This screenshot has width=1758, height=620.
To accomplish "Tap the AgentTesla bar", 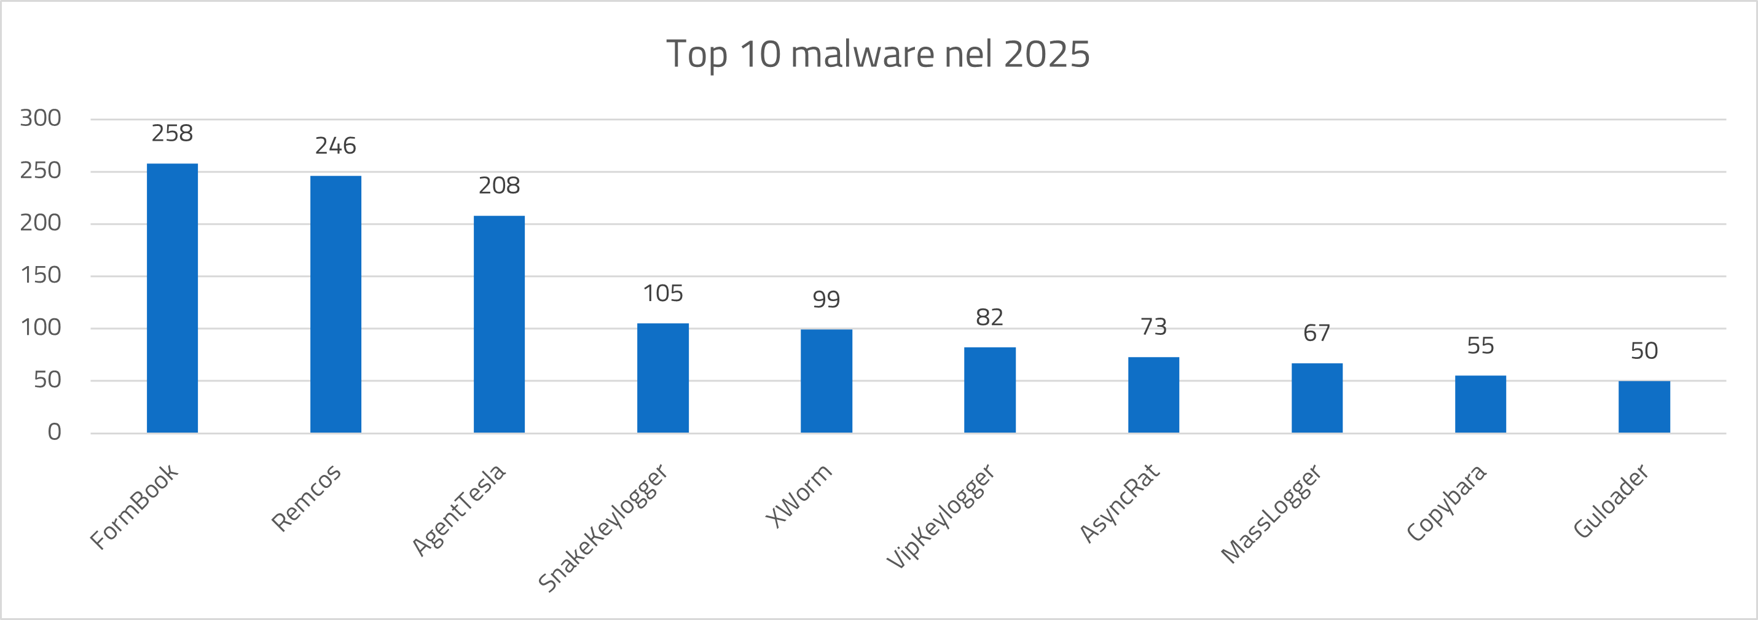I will pos(499,324).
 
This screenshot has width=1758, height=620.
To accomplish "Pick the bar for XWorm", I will pos(826,380).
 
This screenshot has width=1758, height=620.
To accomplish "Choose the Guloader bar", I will pos(1644,406).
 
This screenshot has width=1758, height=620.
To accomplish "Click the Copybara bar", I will pos(1480,404).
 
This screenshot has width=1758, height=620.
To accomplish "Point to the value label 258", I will pos(172,133).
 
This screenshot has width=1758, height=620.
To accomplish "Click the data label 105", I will pos(662,294).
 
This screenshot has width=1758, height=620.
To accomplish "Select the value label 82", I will pos(989,318).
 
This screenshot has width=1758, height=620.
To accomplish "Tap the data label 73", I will pos(1153,327).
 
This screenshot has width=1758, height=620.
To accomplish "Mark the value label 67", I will pos(1316,333).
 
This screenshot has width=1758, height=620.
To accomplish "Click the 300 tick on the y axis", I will pos(41,118).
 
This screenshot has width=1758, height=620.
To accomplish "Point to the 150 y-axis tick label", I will pos(41,275).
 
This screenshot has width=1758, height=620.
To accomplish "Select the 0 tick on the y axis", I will pos(54,432).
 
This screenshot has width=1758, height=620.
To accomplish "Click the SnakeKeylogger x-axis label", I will pos(603,527).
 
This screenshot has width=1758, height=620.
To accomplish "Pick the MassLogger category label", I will pos(1271,514).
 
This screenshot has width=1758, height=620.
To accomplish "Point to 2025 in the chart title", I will pos(1047,54).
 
